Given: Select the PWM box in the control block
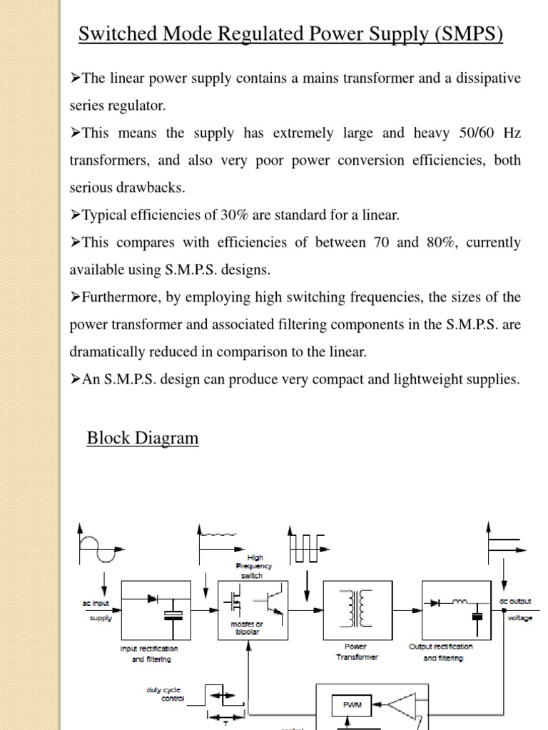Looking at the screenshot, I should tap(352, 705).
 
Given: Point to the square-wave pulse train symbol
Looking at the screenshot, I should tap(306, 547).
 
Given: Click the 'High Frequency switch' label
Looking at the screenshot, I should tap(255, 566).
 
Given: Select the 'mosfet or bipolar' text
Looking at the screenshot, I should tap(248, 627).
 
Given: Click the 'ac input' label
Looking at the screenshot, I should tap(96, 603).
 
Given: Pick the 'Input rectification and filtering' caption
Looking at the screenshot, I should tap(150, 654).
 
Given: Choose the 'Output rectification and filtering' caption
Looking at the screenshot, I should tap(440, 652).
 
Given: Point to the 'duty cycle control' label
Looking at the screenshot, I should tap(166, 694).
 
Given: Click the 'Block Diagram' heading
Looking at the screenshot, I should tap(143, 438).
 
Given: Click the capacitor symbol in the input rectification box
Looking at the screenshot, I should tap(173, 615).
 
